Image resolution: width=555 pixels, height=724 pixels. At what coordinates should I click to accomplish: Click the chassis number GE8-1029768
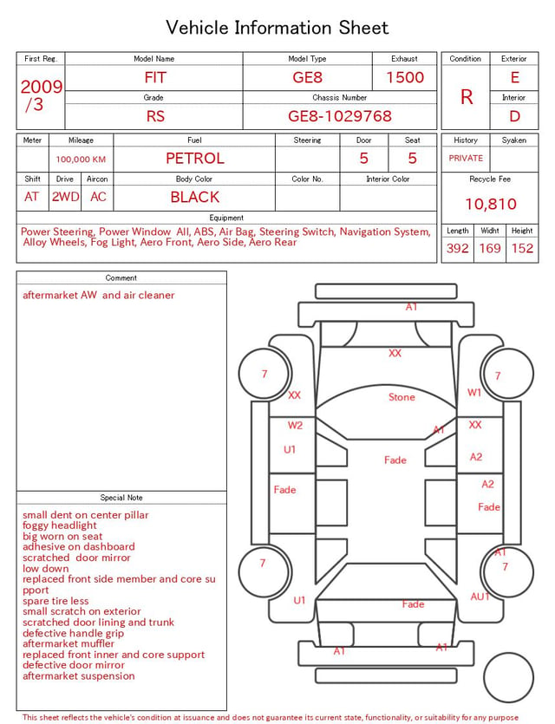(x=340, y=116)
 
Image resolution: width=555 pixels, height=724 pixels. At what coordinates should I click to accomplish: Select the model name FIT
(x=155, y=77)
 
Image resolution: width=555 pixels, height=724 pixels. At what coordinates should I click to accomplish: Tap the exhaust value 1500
(x=405, y=77)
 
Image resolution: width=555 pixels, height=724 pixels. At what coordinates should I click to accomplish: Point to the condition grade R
(x=467, y=97)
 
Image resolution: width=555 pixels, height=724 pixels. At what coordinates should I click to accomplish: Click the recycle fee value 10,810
(x=490, y=204)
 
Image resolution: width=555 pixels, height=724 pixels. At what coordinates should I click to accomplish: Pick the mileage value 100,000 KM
(x=81, y=160)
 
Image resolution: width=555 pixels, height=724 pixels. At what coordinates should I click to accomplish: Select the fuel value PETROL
(x=195, y=159)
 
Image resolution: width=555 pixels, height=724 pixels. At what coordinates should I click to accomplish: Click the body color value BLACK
(x=195, y=197)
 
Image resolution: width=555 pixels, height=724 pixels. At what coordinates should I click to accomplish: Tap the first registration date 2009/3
(x=41, y=95)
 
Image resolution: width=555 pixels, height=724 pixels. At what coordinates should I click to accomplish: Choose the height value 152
(x=522, y=248)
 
